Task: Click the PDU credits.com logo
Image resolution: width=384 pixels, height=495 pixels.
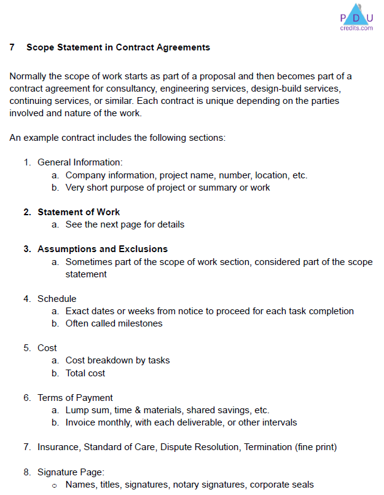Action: tap(356, 17)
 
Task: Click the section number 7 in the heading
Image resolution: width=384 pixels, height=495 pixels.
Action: tap(12, 47)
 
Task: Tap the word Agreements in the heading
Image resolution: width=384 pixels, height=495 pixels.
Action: tap(184, 47)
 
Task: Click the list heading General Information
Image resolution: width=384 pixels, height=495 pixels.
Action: tap(79, 162)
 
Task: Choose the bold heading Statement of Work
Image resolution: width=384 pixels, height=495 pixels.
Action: tap(79, 212)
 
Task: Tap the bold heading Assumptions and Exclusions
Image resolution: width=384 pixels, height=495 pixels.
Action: tap(103, 249)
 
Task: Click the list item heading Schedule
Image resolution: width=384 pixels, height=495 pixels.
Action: tap(57, 299)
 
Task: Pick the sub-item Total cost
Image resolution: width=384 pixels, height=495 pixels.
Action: tap(85, 373)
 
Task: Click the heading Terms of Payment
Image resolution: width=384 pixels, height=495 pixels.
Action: tap(75, 398)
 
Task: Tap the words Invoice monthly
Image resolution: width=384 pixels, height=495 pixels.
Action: tap(95, 422)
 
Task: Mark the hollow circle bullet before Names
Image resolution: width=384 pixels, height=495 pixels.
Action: tap(55, 485)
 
